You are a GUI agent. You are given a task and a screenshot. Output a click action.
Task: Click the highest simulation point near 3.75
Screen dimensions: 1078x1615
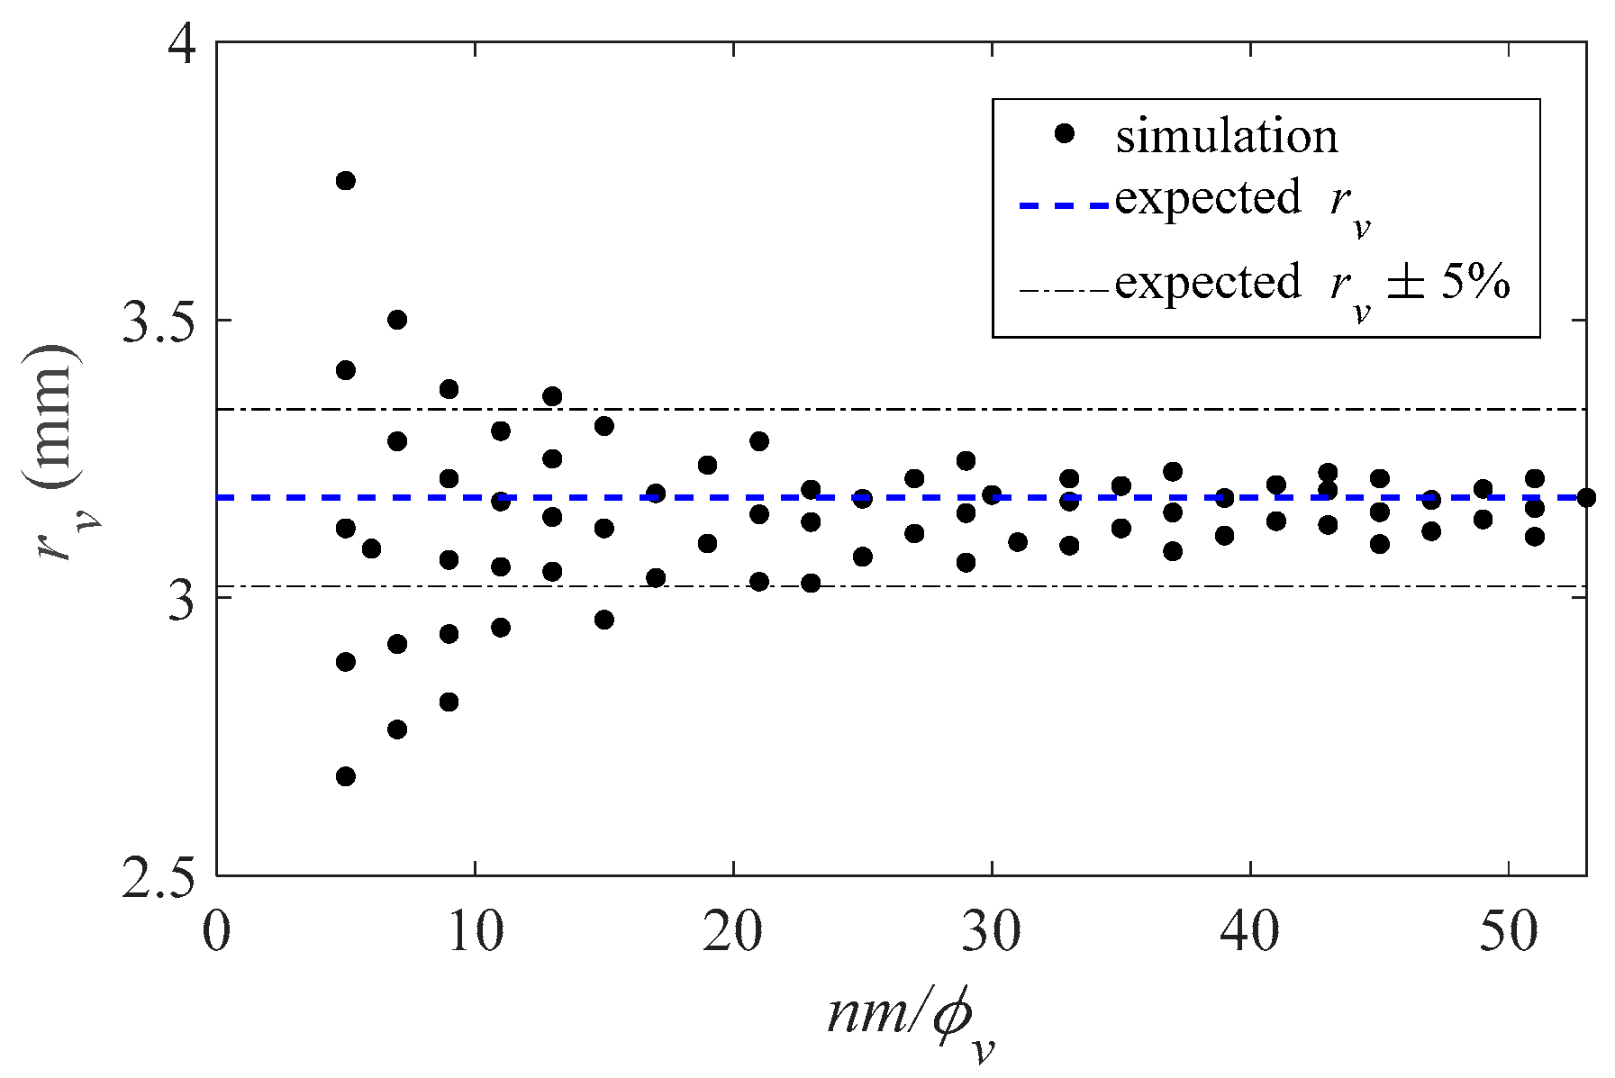[345, 181]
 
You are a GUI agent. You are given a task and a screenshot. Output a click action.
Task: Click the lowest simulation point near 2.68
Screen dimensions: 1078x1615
[345, 776]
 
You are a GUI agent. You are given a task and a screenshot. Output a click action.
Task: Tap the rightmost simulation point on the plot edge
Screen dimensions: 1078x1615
[1586, 497]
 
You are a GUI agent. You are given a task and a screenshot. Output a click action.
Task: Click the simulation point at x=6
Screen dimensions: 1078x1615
[371, 548]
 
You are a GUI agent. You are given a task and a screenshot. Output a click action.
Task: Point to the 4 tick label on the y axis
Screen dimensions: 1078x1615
[182, 45]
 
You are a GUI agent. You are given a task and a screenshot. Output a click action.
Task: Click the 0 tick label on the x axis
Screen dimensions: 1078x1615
[216, 933]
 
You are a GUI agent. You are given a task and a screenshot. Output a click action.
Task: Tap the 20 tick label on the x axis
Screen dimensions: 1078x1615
[732, 933]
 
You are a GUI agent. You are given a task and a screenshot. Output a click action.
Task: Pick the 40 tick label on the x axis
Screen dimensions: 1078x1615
[1250, 933]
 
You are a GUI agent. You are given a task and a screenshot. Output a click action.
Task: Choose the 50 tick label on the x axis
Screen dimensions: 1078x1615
[1509, 933]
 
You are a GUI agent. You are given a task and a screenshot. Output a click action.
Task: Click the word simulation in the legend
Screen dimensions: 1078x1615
[1227, 136]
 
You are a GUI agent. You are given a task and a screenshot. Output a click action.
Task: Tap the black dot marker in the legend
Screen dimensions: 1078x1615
[1066, 133]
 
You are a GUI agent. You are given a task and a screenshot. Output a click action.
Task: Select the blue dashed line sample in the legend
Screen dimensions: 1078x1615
[1065, 206]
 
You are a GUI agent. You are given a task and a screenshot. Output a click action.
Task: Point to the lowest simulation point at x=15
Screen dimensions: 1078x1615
[604, 620]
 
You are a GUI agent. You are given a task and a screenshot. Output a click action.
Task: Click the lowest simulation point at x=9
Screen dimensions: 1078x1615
[449, 702]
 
